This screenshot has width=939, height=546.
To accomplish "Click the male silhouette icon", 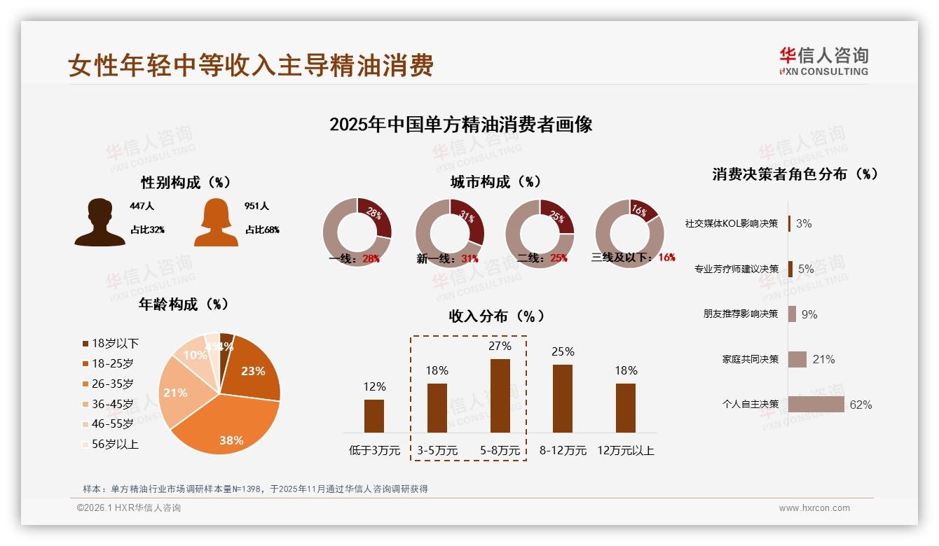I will (100, 223).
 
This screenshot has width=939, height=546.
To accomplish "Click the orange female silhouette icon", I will (216, 223).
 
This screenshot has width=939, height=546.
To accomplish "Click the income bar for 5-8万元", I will (500, 395).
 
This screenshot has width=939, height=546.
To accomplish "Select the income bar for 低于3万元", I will (374, 416).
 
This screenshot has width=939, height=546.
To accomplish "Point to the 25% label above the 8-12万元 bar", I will (563, 351).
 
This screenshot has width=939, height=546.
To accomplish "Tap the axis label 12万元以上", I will (626, 451).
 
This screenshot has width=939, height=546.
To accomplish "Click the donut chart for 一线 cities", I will (357, 232).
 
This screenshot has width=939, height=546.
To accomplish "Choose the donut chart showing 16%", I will (629, 232).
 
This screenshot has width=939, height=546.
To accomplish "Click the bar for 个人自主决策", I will (816, 405).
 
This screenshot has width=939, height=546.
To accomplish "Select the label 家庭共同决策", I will (750, 359).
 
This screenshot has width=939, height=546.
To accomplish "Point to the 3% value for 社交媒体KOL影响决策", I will (804, 223).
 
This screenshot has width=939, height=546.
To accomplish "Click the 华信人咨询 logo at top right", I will (823, 61).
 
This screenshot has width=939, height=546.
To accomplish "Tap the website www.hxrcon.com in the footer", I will (814, 508).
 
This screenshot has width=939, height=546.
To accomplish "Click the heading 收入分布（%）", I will (496, 316).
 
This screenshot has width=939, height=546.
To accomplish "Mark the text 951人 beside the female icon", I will (256, 206).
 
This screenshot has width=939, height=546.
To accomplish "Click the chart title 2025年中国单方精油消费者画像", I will (460, 125).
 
